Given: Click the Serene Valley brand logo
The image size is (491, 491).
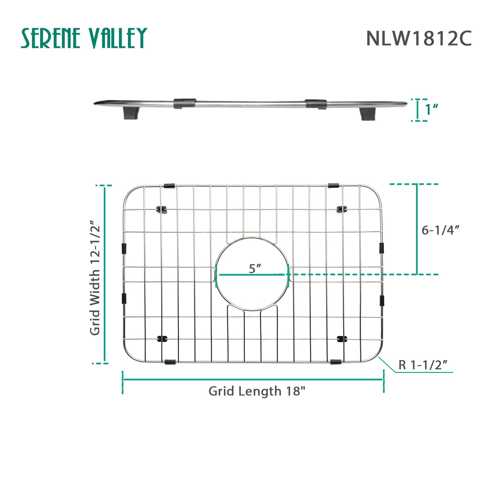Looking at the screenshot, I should (x=84, y=38).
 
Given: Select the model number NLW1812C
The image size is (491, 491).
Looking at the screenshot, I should (x=419, y=39).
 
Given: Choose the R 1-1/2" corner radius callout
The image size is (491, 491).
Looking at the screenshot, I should (x=423, y=365).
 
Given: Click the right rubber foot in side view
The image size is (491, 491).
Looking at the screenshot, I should (x=368, y=114).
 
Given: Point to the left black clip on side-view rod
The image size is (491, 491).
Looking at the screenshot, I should (x=185, y=103).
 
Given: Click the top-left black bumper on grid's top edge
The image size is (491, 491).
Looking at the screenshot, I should (x=169, y=186).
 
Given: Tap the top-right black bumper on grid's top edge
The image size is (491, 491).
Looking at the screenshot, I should (x=333, y=186).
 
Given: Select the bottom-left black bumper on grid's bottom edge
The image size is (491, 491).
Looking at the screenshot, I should (x=170, y=362).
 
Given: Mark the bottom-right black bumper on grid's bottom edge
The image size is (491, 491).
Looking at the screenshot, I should (x=336, y=362).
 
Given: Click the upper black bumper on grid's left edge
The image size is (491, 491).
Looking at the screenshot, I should (x=124, y=249).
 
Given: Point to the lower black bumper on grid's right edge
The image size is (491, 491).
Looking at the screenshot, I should (x=382, y=300).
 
